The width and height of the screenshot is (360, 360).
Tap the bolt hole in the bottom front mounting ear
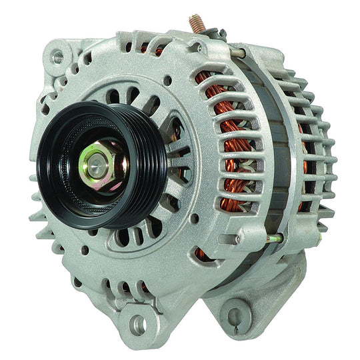(x=137, y=325)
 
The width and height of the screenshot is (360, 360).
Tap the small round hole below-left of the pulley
(x=86, y=250)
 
